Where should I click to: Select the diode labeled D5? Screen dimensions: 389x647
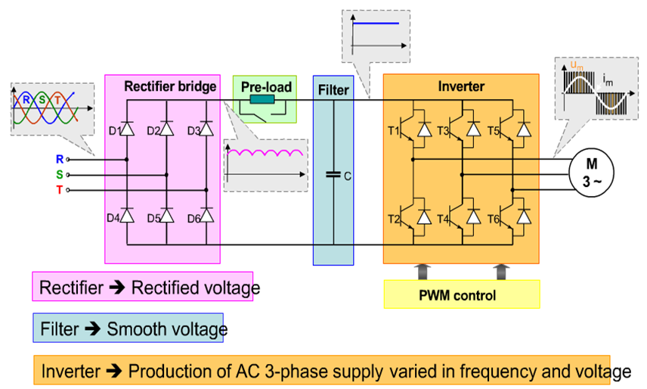point(166,217)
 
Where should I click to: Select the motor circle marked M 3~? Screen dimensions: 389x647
point(592,173)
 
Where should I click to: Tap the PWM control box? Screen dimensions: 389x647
point(462,294)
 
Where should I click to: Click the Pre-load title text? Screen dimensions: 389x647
point(266,87)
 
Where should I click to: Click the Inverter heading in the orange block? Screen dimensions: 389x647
point(461,86)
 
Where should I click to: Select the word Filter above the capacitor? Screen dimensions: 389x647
point(333,90)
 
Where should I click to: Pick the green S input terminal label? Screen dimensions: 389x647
point(60,174)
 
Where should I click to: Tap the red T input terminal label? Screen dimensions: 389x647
point(60,189)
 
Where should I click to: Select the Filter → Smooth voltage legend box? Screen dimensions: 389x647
point(128,329)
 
